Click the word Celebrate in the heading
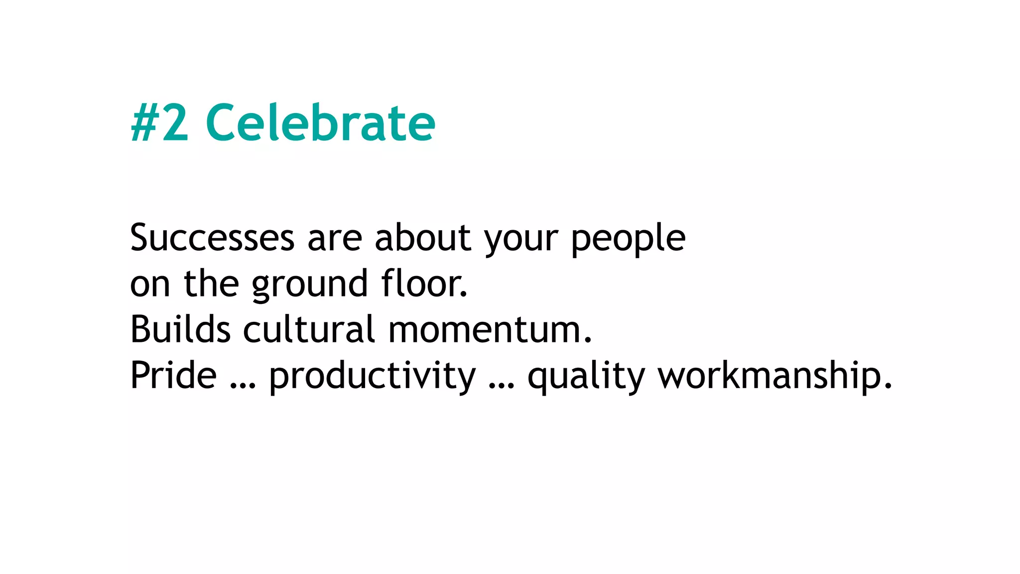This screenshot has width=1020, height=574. (320, 123)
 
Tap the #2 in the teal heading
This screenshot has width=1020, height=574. (160, 123)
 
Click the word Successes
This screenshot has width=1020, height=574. (212, 238)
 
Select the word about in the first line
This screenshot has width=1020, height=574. (422, 238)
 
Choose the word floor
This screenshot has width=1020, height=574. (424, 284)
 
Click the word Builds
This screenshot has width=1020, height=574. (180, 330)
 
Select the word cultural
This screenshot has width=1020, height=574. (309, 330)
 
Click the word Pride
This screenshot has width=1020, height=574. (173, 376)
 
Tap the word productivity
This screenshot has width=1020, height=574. (373, 377)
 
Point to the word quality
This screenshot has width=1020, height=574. (586, 377)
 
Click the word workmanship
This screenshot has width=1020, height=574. (775, 377)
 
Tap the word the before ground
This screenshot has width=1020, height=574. (211, 284)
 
